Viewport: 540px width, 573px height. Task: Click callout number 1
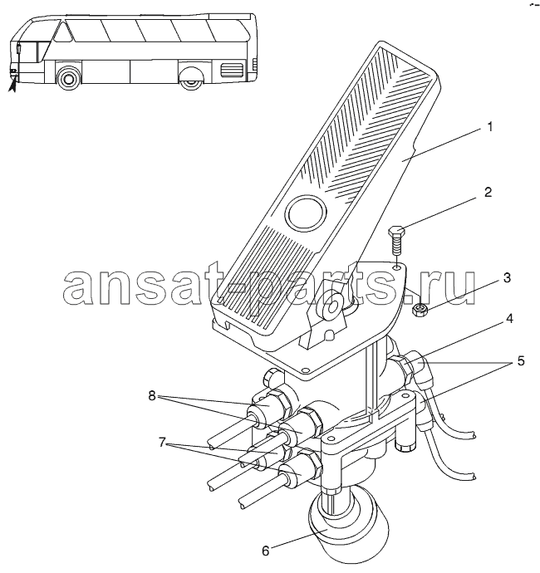tap(489, 127)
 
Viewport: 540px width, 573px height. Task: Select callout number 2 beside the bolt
tap(488, 192)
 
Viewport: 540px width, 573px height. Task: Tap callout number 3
tap(507, 277)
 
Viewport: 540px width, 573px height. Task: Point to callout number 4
tap(509, 318)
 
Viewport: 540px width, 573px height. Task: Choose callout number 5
tap(520, 360)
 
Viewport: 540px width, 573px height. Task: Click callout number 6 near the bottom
tap(266, 541)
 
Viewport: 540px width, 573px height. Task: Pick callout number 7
tap(163, 442)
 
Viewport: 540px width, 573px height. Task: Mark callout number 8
tap(152, 395)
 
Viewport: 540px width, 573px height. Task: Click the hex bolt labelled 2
tap(396, 241)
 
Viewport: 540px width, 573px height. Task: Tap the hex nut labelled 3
tap(419, 311)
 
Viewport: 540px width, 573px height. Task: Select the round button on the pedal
tap(305, 212)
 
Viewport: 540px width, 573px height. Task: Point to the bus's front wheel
tap(67, 77)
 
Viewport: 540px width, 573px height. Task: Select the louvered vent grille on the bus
tap(232, 70)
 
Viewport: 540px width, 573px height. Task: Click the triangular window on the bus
tap(63, 31)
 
